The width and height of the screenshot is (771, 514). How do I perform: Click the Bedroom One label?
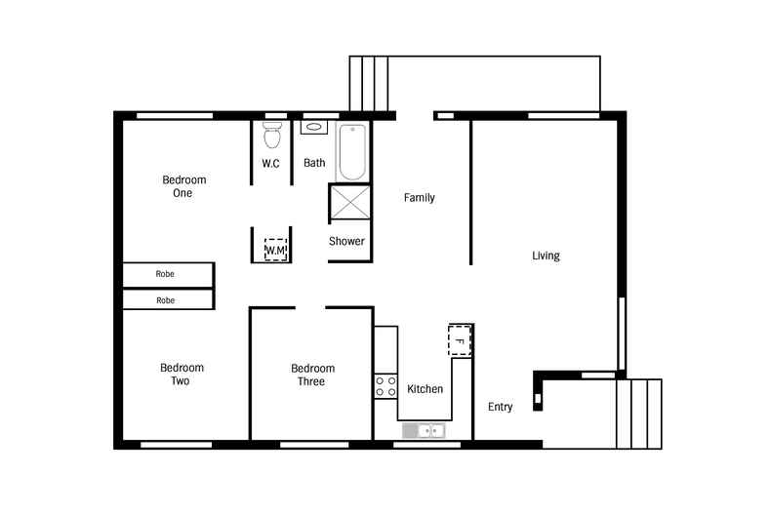pos(183,186)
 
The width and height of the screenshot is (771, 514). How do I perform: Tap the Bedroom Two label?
pos(182,375)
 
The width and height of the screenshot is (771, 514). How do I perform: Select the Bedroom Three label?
pos(312,376)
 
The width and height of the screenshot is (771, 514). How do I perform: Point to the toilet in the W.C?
pos(271,135)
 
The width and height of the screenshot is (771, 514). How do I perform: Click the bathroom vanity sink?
pos(314,128)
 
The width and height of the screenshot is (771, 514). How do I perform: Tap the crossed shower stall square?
pos(349,202)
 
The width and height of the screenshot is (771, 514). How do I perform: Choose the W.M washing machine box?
pos(276,250)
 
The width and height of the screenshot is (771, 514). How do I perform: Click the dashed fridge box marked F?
pos(459,340)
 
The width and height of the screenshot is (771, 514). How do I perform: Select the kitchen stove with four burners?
pos(385,385)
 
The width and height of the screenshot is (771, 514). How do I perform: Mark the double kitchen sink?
pos(424,430)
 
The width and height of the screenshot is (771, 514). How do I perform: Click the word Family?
pos(420,198)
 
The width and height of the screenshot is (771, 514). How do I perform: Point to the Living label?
pos(546,257)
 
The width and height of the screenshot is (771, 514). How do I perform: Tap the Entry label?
pos(500,407)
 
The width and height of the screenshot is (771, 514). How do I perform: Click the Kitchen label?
pos(425,389)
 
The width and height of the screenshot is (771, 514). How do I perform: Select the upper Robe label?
pos(166,274)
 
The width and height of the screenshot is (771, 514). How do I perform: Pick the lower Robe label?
pos(166,300)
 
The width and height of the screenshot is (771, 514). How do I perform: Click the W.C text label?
pos(270,163)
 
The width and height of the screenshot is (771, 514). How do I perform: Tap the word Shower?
pos(346,241)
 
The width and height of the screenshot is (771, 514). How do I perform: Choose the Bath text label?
pos(314,163)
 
